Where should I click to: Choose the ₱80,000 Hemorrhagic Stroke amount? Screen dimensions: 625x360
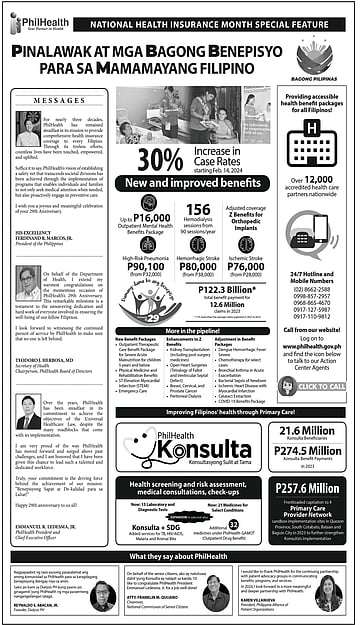[199, 267]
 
